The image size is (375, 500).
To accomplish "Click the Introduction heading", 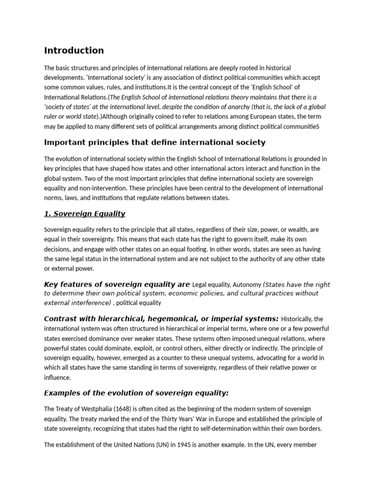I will (74, 50).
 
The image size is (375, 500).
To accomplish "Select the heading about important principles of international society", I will (155, 143).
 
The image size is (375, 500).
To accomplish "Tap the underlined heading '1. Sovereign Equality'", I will (84, 213).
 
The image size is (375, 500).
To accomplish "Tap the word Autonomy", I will (247, 284).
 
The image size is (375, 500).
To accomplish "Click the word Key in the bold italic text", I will (51, 284).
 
